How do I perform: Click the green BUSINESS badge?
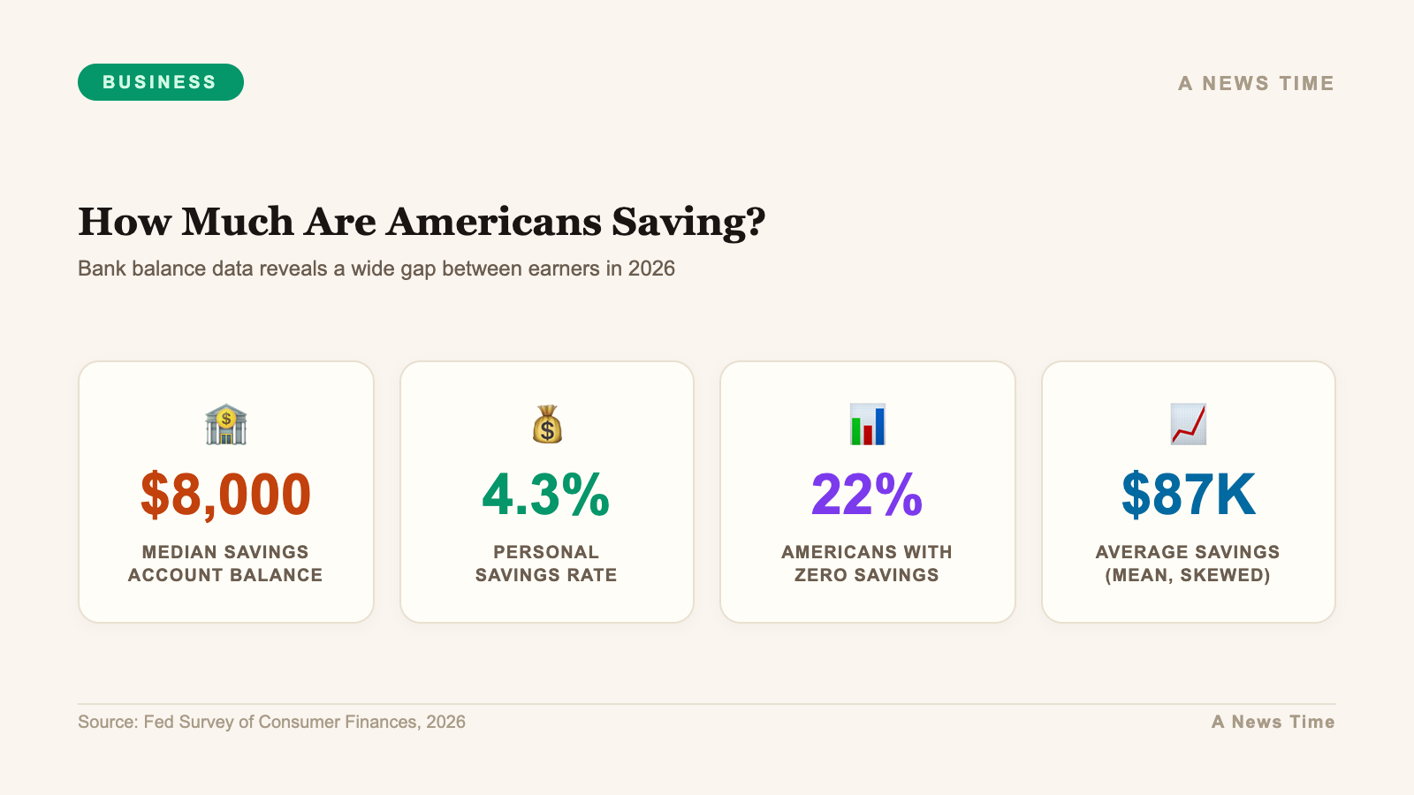pyautogui.click(x=160, y=82)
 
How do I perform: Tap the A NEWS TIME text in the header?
pyautogui.click(x=1256, y=84)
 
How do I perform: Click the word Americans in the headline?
pyautogui.click(x=496, y=222)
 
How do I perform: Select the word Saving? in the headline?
pyautogui.click(x=688, y=222)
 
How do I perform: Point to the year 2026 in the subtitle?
pyautogui.click(x=651, y=269)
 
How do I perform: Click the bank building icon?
pyautogui.click(x=225, y=425)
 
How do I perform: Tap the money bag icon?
pyautogui.click(x=547, y=425)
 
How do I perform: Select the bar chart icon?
pyautogui.click(x=867, y=425)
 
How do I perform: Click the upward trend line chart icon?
pyautogui.click(x=1188, y=425)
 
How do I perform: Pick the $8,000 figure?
pyautogui.click(x=225, y=494)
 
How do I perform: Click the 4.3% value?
pyautogui.click(x=546, y=494)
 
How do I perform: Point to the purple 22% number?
pyautogui.click(x=867, y=494)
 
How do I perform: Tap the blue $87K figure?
pyautogui.click(x=1188, y=494)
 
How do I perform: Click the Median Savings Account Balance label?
pyautogui.click(x=225, y=564)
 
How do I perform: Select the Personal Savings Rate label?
pyautogui.click(x=546, y=564)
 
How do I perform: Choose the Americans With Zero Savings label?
pyautogui.click(x=867, y=564)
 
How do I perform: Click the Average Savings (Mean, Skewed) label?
pyautogui.click(x=1188, y=564)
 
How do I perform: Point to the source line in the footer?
pyautogui.click(x=271, y=722)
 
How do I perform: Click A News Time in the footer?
pyautogui.click(x=1273, y=722)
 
